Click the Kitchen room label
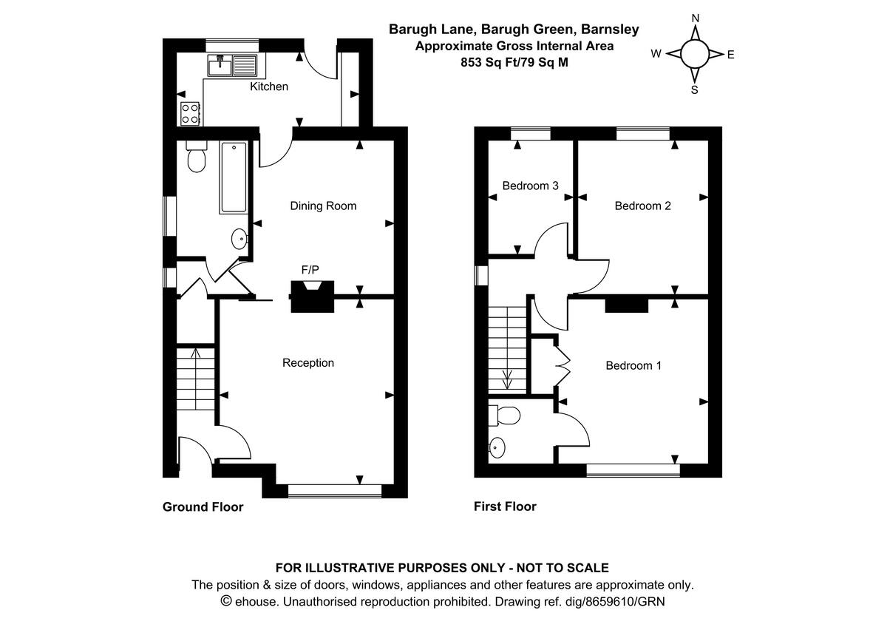pyautogui.click(x=269, y=87)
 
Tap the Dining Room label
pyautogui.click(x=323, y=206)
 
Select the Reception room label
pyautogui.click(x=308, y=362)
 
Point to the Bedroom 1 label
pyautogui.click(x=633, y=365)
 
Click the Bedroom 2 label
pyautogui.click(x=642, y=206)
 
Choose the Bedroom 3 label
pyautogui.click(x=530, y=186)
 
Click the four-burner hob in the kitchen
pyautogui.click(x=190, y=112)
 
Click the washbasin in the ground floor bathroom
pyautogui.click(x=239, y=238)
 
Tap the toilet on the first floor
pyautogui.click(x=507, y=415)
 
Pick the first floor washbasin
pyautogui.click(x=498, y=447)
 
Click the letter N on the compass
pyautogui.click(x=695, y=18)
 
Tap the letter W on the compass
pyautogui.click(x=656, y=53)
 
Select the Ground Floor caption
pyautogui.click(x=203, y=507)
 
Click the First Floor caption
pyautogui.click(x=505, y=506)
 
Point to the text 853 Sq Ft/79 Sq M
pyautogui.click(x=514, y=62)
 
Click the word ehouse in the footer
pyautogui.click(x=257, y=602)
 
